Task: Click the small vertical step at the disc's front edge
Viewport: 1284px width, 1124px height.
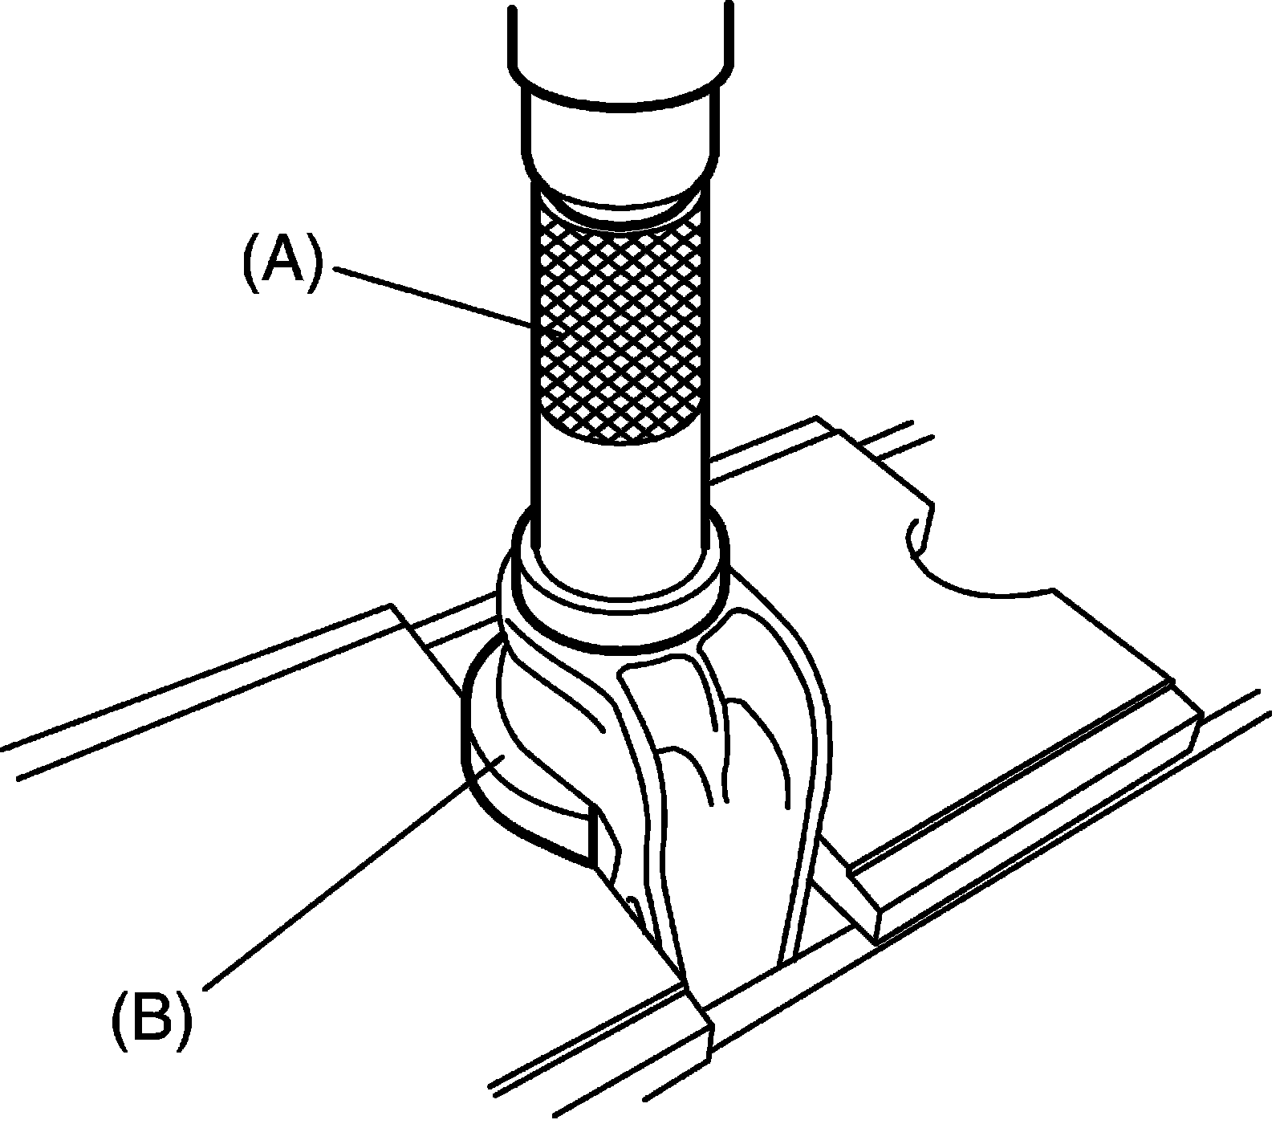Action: [x=595, y=835]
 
